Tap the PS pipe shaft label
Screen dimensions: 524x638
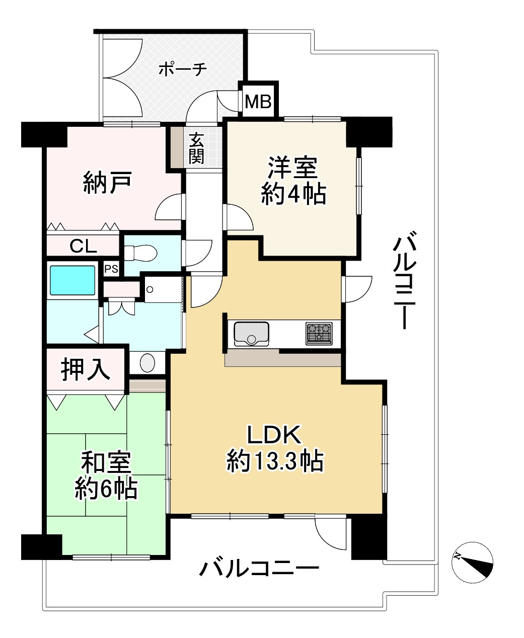111,269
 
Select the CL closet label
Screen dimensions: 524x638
83,246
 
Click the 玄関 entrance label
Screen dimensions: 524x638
196,148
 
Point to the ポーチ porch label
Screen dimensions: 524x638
183,69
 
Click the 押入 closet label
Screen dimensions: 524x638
86,370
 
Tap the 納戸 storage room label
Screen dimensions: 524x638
107,183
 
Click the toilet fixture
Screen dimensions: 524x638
140,253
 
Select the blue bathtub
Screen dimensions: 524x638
72,280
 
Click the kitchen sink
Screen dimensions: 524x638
251,334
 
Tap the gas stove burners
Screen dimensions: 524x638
319,334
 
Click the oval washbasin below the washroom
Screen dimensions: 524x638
147,362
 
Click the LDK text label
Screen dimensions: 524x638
274,435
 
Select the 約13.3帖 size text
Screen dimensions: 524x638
275,461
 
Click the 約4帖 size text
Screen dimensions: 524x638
293,194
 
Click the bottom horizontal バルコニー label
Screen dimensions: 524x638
259,569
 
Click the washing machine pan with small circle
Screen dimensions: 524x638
163,289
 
